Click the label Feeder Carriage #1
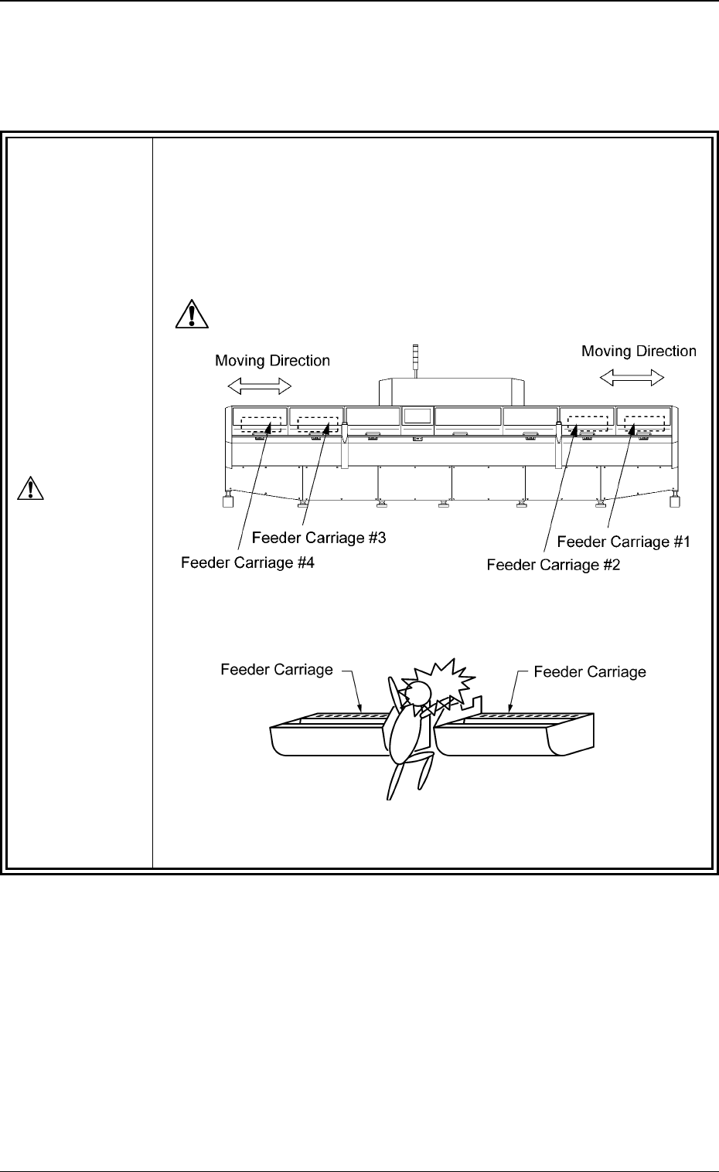pyautogui.click(x=623, y=542)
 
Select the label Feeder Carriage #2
pyautogui.click(x=553, y=565)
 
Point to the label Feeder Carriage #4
pyautogui.click(x=247, y=562)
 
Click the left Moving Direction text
pyautogui.click(x=272, y=361)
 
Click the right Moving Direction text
pyautogui.click(x=639, y=352)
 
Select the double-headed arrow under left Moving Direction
pyautogui.click(x=260, y=385)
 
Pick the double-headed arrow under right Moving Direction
pyautogui.click(x=632, y=377)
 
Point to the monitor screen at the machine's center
pyautogui.click(x=417, y=416)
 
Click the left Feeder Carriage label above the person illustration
pyautogui.click(x=277, y=670)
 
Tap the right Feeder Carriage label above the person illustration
pyautogui.click(x=590, y=672)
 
